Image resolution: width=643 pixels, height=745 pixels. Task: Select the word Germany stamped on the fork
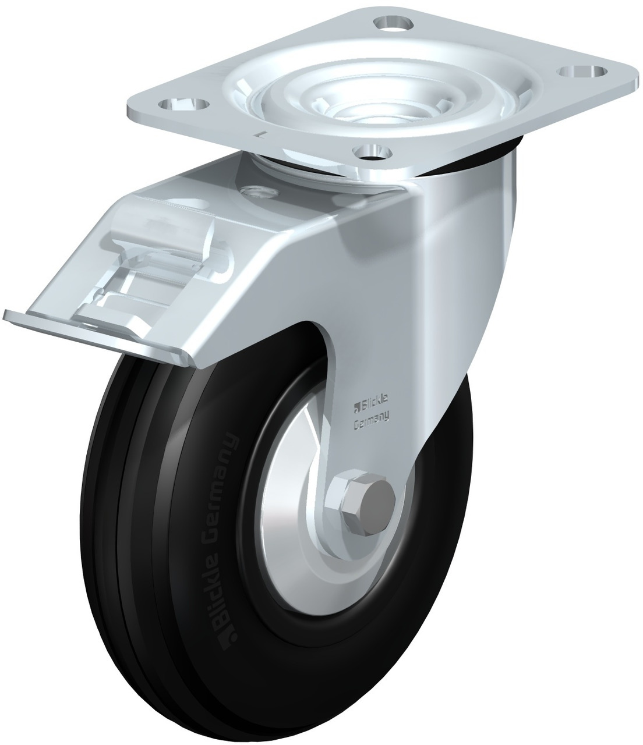click(371, 416)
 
